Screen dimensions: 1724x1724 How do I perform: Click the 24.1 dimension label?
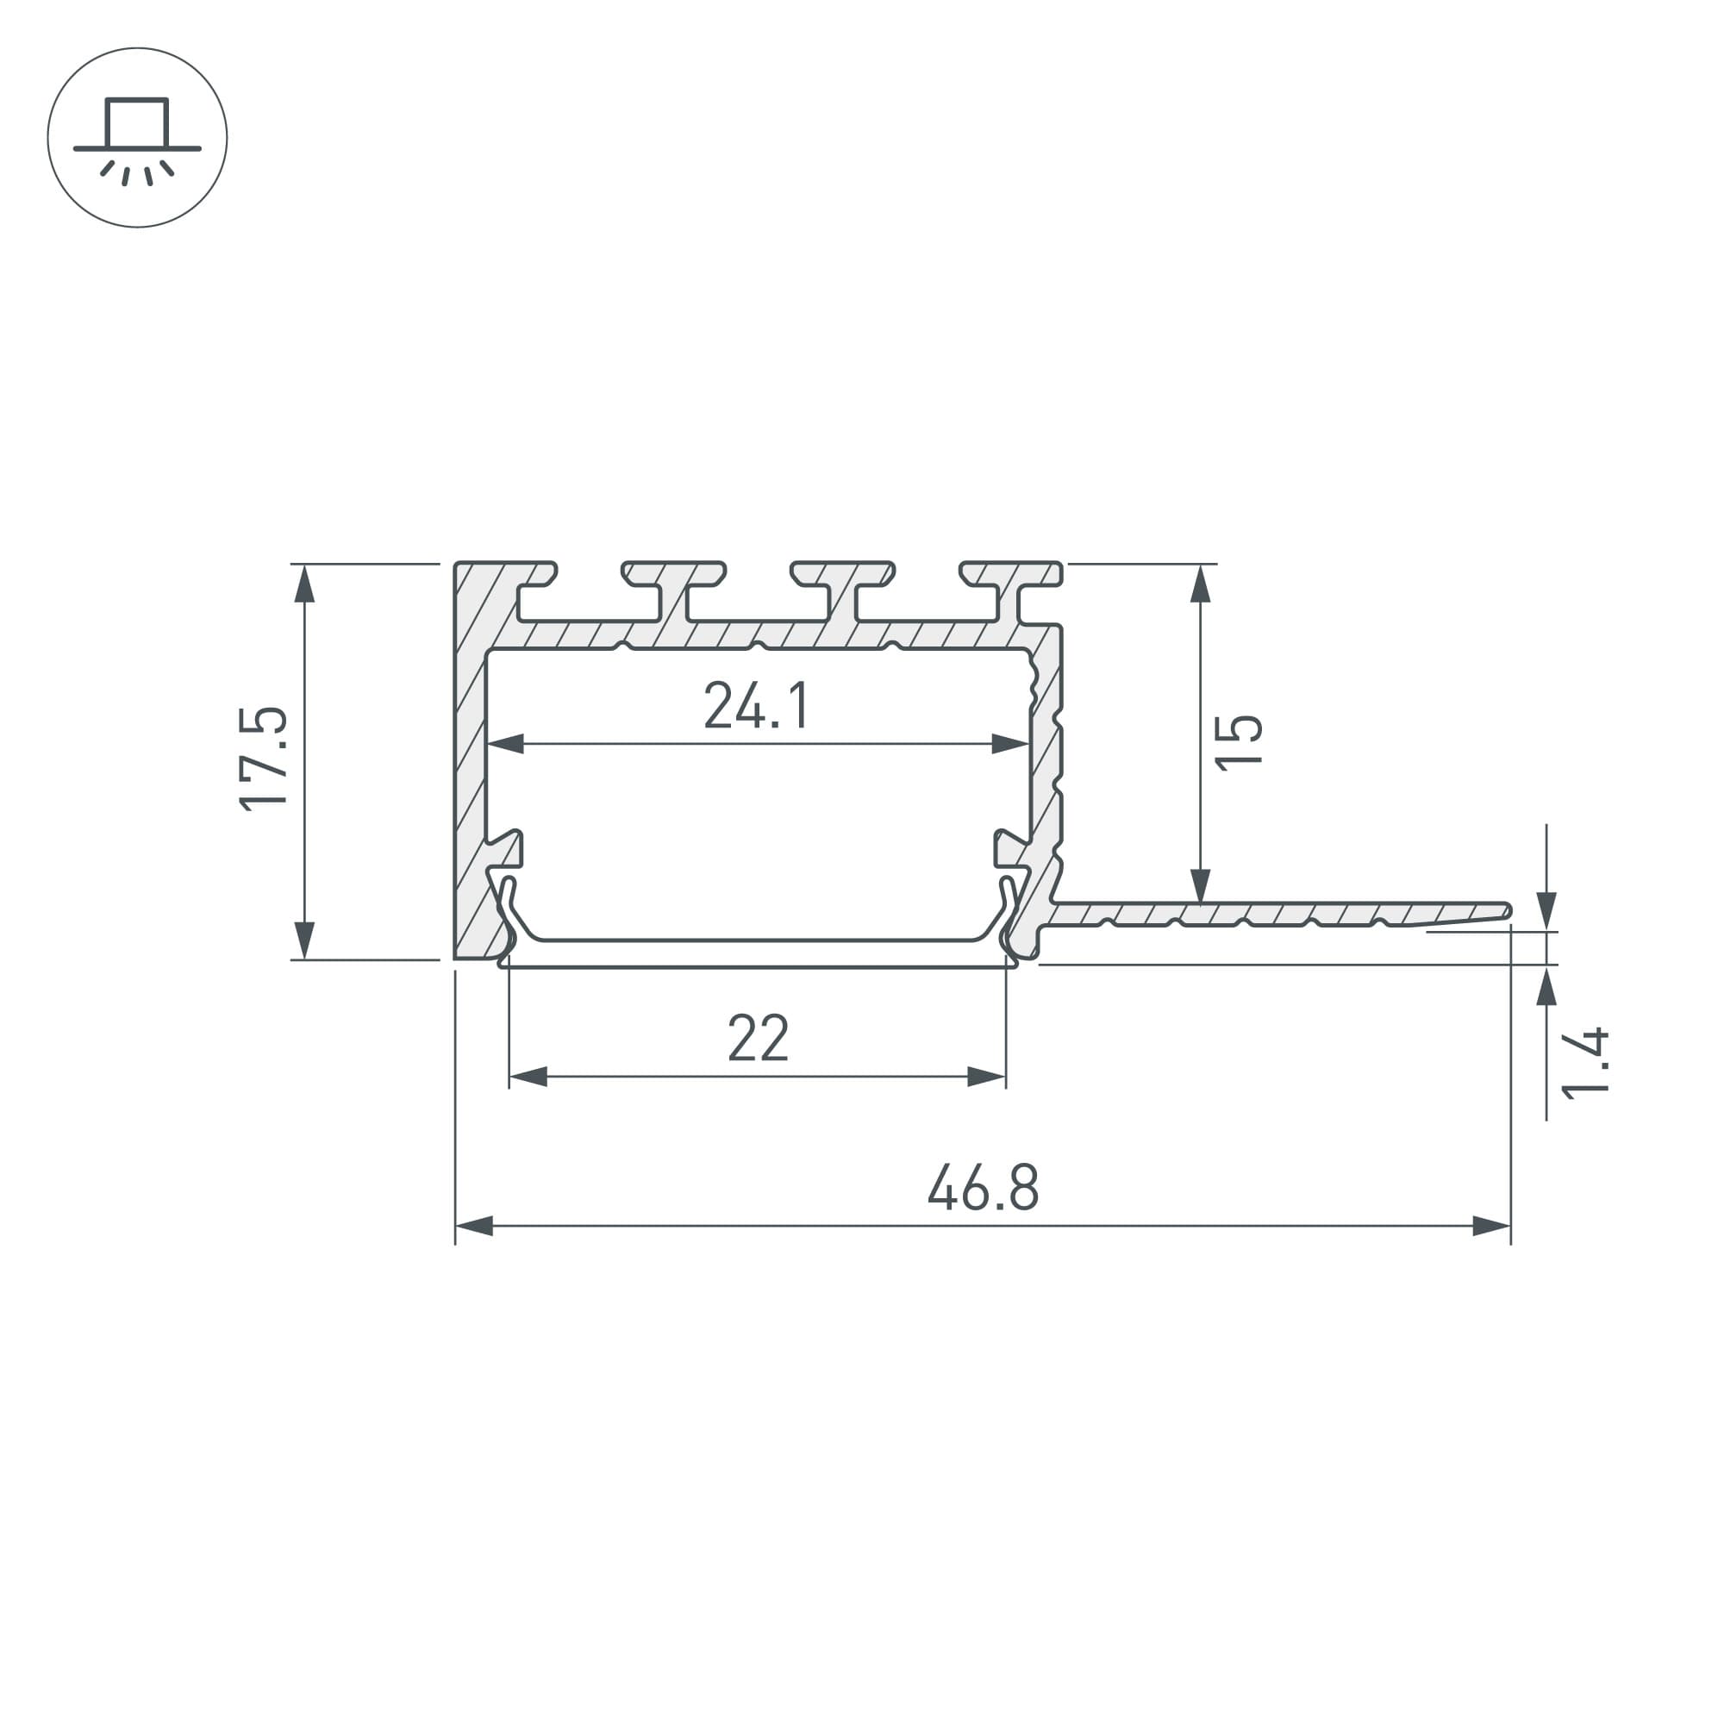point(757,705)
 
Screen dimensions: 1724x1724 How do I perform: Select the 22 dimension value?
point(759,1037)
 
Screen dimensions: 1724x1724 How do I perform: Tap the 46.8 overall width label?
point(983,1186)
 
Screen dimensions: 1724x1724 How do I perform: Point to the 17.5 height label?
point(264,759)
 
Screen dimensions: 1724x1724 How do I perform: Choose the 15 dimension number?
point(1239,741)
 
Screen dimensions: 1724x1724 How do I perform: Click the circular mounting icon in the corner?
point(137,137)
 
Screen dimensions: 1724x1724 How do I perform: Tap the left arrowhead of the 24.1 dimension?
point(505,743)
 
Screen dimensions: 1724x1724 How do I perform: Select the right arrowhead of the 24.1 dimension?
point(1011,743)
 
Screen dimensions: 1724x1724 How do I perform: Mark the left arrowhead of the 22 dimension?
point(528,1077)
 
